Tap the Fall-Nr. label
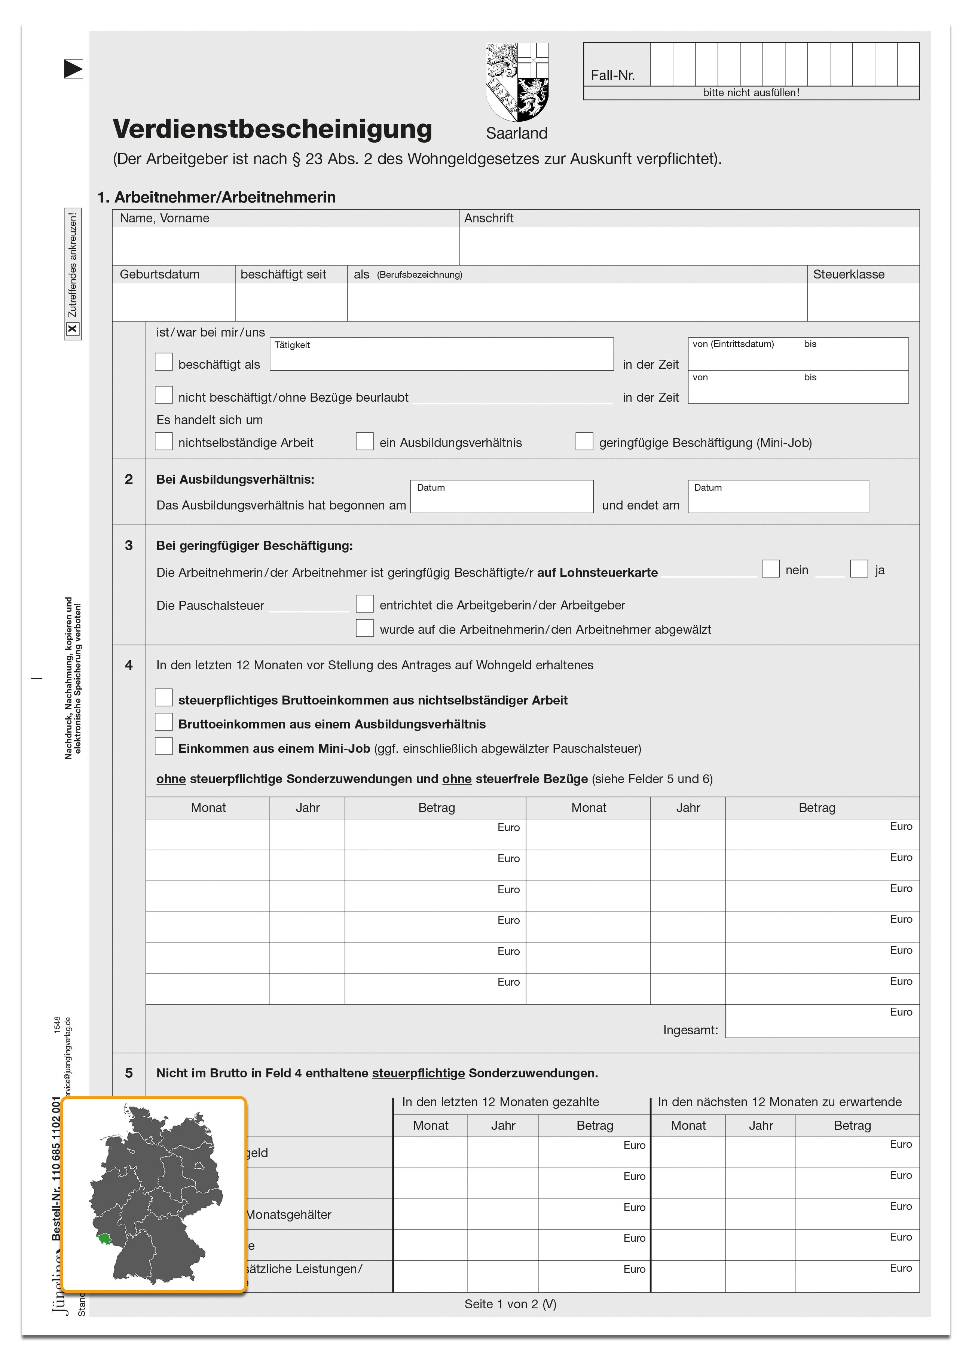612,75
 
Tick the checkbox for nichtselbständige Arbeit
163,442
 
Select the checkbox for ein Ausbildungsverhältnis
364,442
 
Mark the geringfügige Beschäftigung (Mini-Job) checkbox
584,442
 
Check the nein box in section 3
770,568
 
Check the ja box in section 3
859,568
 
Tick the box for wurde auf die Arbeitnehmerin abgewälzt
364,628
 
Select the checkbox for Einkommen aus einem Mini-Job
163,747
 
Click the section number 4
129,665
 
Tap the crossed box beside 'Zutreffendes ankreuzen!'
72,329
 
